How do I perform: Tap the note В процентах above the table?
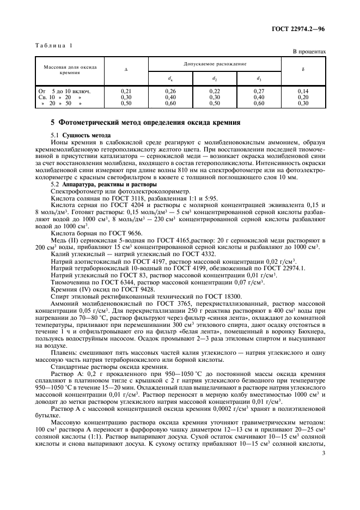[309, 52]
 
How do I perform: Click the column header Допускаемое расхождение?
[215, 64]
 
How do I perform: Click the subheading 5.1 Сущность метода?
[80, 134]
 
